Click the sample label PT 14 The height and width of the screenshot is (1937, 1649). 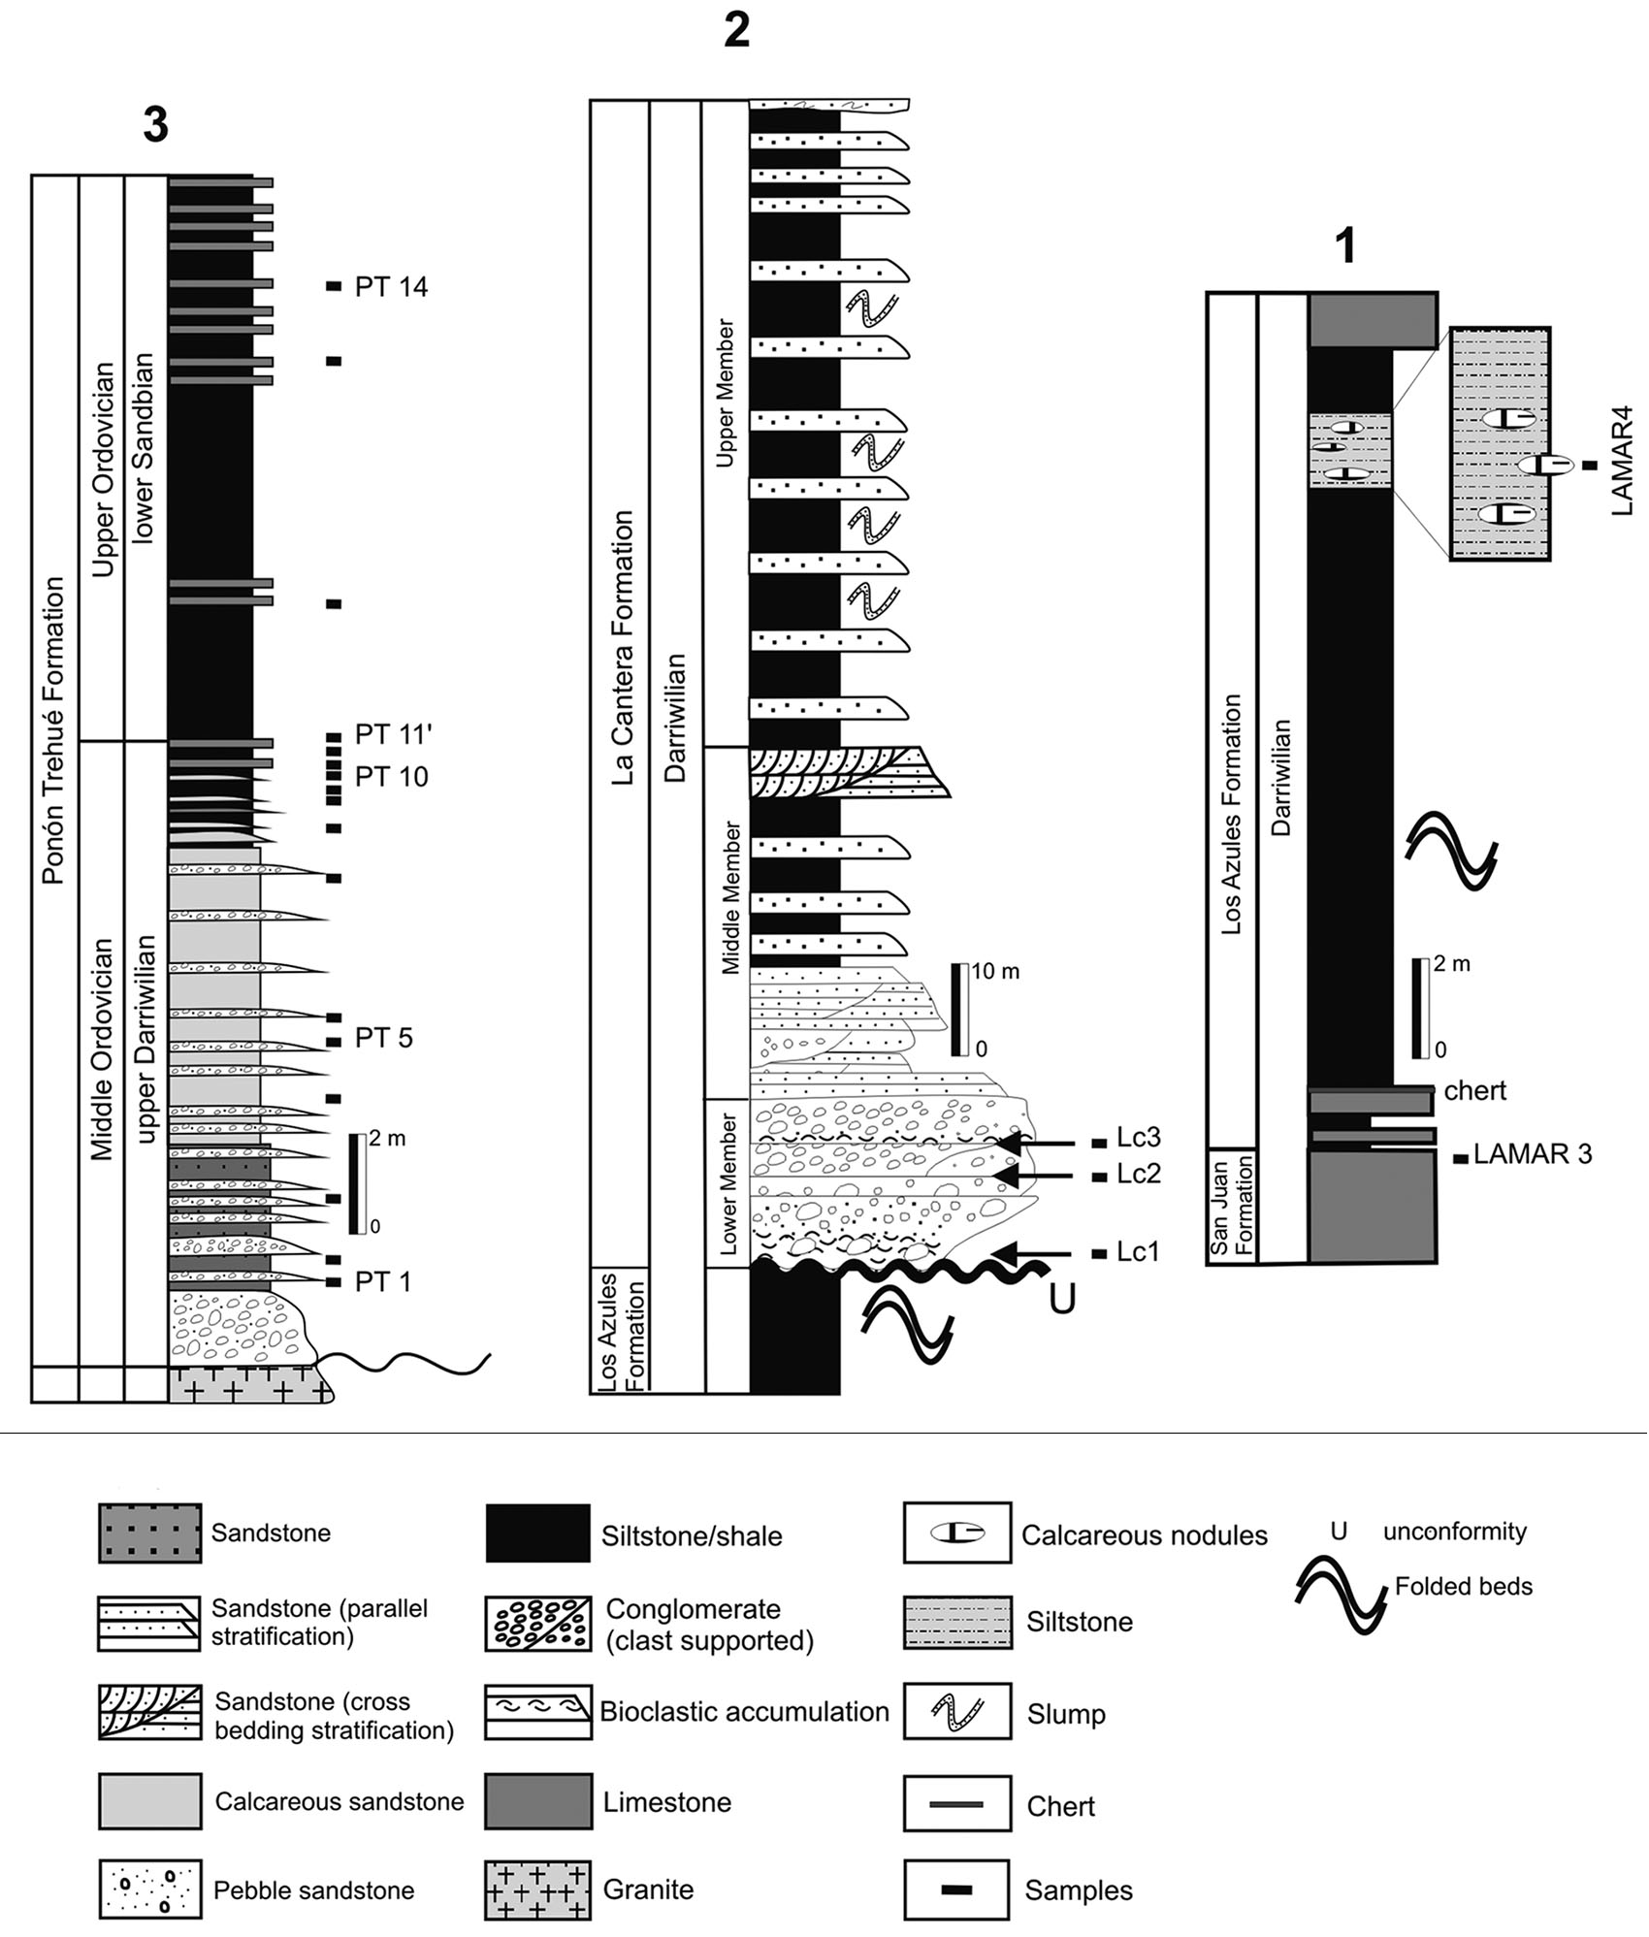391,287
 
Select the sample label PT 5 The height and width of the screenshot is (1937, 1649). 383,1038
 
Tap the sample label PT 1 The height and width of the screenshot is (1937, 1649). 382,1282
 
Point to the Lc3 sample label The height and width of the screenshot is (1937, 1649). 1138,1138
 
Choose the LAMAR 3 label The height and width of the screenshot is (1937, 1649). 1532,1154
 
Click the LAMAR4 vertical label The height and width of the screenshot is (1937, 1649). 1621,461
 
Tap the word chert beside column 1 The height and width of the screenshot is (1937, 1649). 1474,1091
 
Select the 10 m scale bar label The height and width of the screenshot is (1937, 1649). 995,971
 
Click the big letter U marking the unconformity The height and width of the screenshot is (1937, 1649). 1062,1299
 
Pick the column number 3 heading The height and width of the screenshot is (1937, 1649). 155,124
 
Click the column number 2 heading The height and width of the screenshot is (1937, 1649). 736,31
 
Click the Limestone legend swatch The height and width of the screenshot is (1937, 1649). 537,1801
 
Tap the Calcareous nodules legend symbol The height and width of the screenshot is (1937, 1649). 956,1533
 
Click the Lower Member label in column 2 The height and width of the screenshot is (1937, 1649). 729,1182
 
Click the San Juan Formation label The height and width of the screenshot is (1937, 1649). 1232,1205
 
